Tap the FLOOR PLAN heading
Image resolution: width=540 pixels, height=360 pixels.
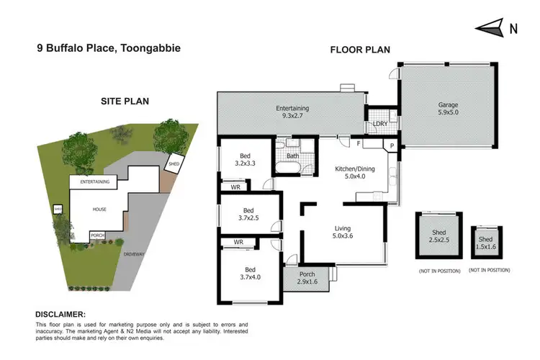click(360, 50)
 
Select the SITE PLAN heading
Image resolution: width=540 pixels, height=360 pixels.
click(125, 102)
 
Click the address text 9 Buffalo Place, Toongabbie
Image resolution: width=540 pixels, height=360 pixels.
click(109, 48)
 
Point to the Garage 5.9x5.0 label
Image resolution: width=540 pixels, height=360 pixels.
click(448, 109)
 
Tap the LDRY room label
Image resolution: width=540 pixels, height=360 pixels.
click(380, 125)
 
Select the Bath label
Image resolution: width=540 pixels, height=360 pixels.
click(292, 155)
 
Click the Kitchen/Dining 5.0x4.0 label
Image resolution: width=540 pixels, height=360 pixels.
click(351, 173)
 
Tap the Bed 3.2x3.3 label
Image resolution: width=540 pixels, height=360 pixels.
click(245, 159)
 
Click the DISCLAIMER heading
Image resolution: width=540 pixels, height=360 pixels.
click(60, 315)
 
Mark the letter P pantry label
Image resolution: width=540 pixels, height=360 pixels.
click(392, 145)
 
